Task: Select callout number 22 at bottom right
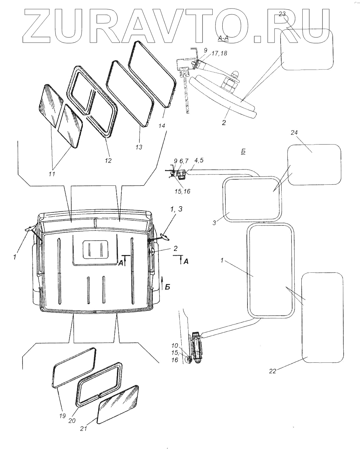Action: (272, 371)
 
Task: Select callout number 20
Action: (72, 421)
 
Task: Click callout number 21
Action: (84, 429)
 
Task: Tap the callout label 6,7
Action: (184, 160)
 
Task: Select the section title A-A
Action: (223, 39)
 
